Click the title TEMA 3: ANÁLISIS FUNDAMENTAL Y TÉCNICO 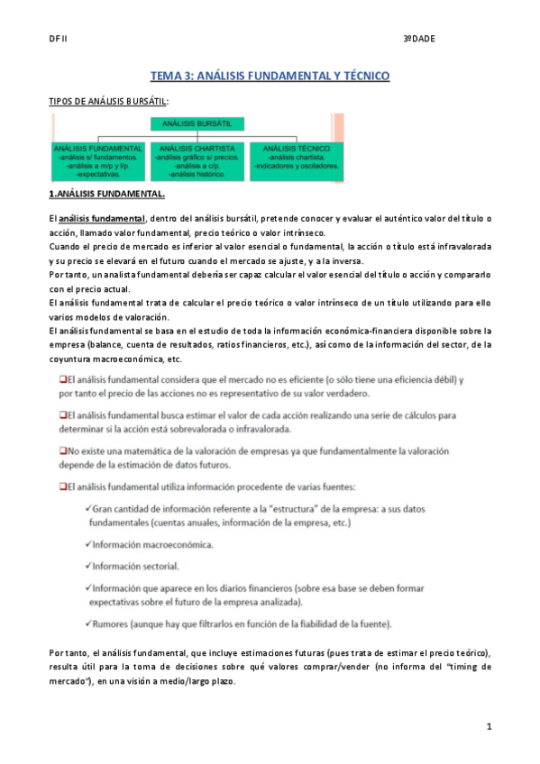270,77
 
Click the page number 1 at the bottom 488,725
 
